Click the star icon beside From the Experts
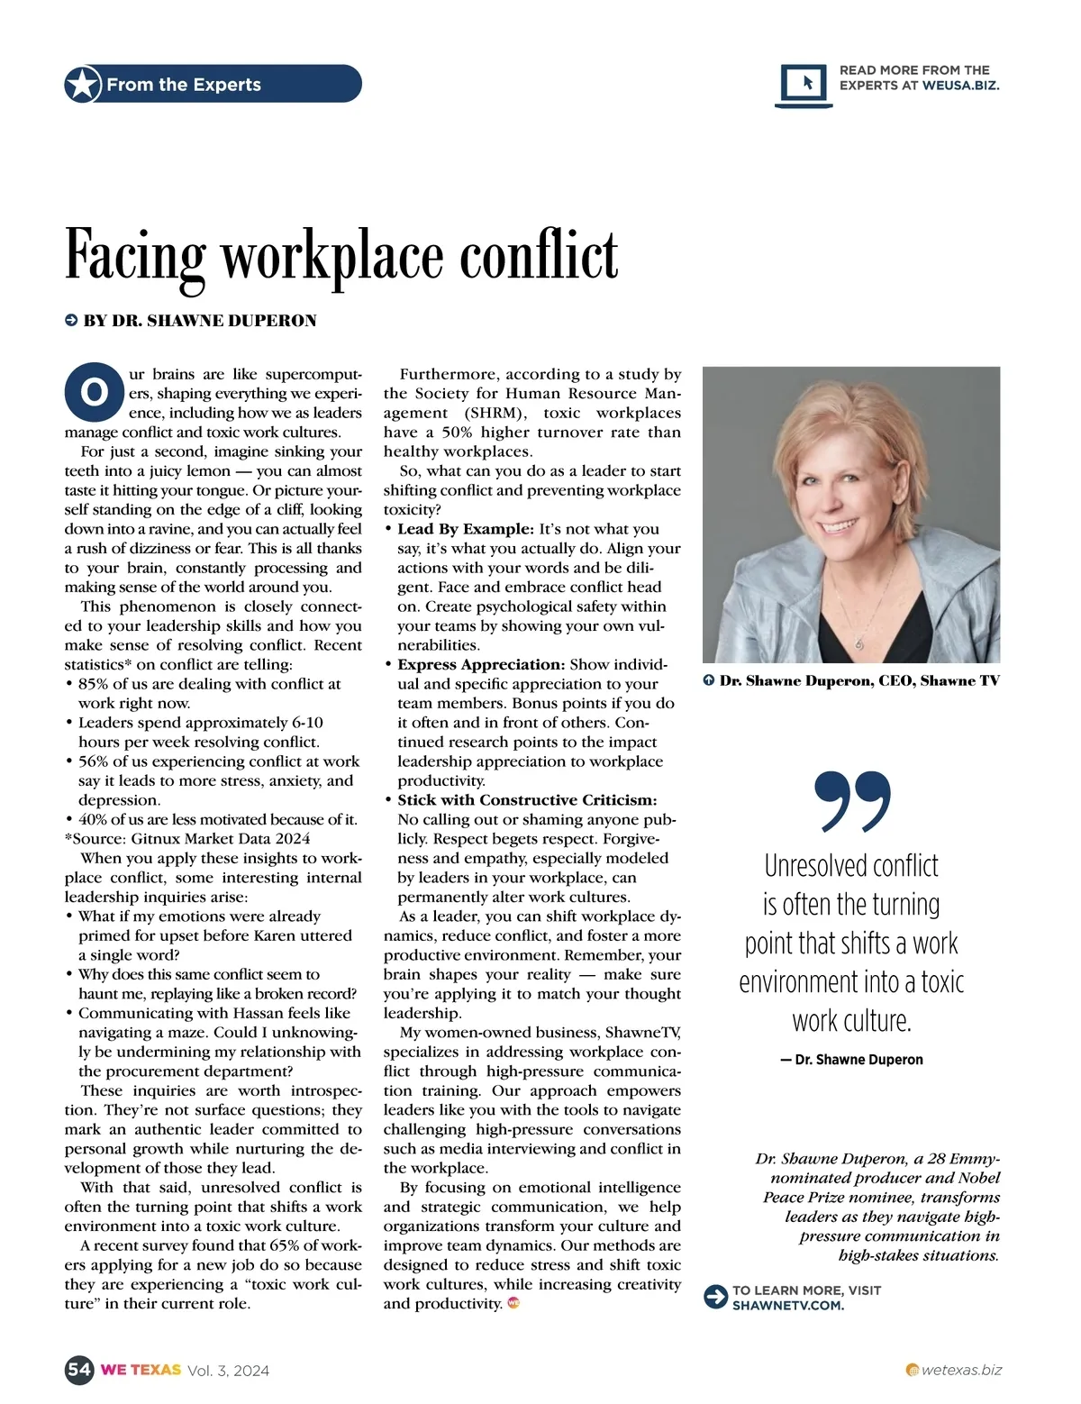point(83,85)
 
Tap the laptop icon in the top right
point(804,85)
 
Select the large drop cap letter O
point(93,393)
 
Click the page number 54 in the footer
point(79,1370)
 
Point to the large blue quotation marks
point(851,800)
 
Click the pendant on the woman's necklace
point(858,643)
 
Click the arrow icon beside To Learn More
point(715,1297)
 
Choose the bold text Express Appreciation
point(481,664)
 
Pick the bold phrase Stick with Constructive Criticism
point(527,800)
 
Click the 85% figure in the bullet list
point(94,684)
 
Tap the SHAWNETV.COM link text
point(788,1305)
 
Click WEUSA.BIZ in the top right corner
point(960,86)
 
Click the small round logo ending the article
point(513,1303)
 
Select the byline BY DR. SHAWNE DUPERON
point(199,321)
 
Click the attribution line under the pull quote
point(851,1060)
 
